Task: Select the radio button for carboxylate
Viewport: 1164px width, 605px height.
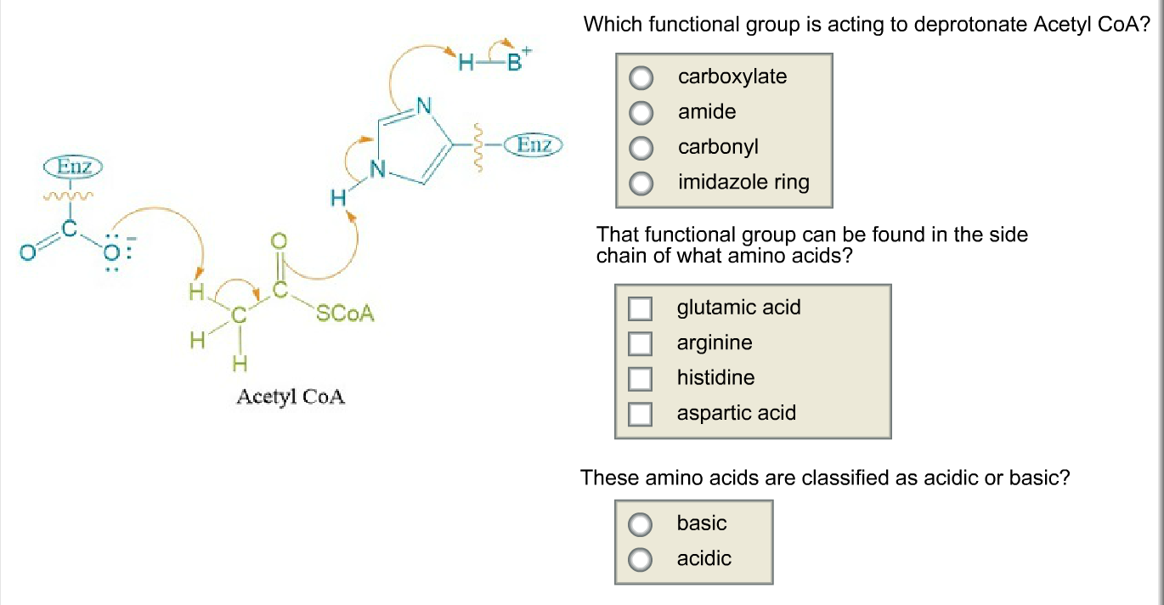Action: pyautogui.click(x=641, y=78)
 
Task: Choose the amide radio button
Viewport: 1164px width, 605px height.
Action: pyautogui.click(x=641, y=113)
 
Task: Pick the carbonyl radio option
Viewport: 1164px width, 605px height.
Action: pyautogui.click(x=641, y=148)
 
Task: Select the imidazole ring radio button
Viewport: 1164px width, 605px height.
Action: pyautogui.click(x=641, y=183)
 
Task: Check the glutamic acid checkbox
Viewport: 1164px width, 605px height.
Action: pyautogui.click(x=640, y=308)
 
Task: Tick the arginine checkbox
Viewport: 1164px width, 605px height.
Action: pyautogui.click(x=640, y=343)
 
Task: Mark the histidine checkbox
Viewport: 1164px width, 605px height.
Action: pyautogui.click(x=640, y=378)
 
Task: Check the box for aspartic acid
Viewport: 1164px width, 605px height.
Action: pyautogui.click(x=640, y=414)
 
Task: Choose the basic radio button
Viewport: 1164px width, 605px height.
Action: pyautogui.click(x=641, y=524)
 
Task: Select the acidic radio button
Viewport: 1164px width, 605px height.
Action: pyautogui.click(x=641, y=559)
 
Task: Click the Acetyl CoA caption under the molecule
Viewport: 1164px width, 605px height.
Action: pyautogui.click(x=291, y=397)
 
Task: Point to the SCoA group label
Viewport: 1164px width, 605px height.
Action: pyautogui.click(x=345, y=314)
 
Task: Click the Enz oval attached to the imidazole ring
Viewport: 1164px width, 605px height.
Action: pyautogui.click(x=534, y=145)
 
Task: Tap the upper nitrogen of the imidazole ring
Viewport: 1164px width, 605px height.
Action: pyautogui.click(x=425, y=106)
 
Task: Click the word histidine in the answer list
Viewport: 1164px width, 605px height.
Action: pyautogui.click(x=715, y=378)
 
